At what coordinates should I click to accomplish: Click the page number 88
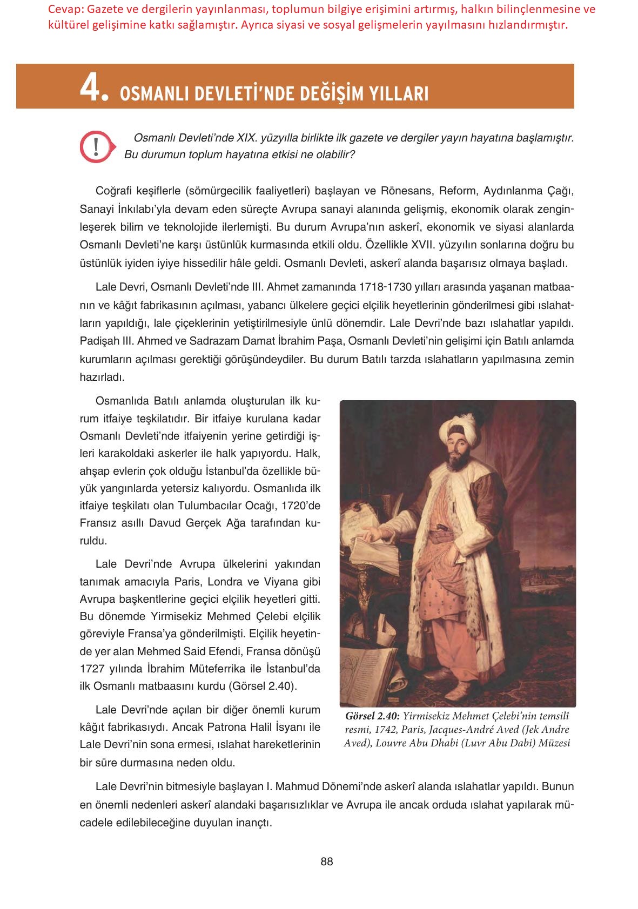327,862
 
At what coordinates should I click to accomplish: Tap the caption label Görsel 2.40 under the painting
372,716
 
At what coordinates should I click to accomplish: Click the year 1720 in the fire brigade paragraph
299,506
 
